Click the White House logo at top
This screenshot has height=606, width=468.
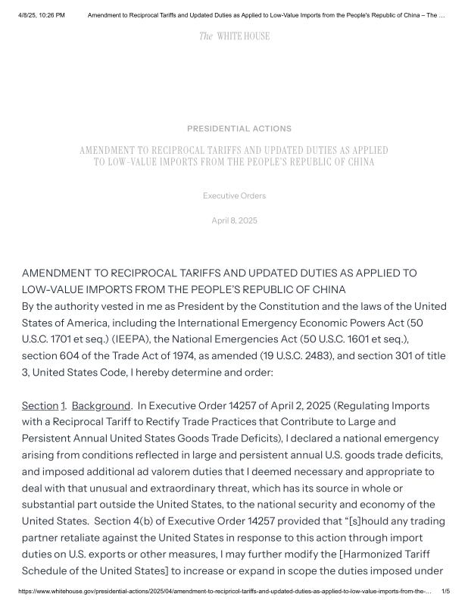click(x=234, y=36)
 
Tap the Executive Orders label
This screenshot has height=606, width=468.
click(x=234, y=196)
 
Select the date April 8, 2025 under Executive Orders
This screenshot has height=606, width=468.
click(x=234, y=220)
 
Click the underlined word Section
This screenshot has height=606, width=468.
click(x=39, y=406)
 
